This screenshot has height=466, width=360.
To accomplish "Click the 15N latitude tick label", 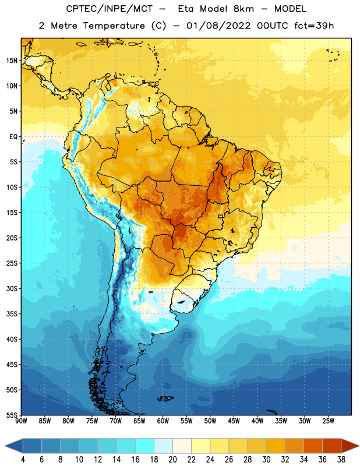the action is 12,61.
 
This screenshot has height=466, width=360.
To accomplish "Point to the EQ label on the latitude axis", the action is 13,137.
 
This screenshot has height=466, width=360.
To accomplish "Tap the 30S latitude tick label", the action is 12,288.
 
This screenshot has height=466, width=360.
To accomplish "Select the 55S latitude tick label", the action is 12,415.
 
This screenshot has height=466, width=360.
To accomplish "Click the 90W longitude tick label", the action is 21,421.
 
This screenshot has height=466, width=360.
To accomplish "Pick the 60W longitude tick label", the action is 163,421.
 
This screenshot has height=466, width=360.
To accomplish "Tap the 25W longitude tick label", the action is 328,421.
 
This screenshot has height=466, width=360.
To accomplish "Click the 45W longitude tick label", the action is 234,421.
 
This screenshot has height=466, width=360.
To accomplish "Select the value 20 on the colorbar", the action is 172,460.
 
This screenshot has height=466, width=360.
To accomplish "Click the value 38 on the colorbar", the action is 341,460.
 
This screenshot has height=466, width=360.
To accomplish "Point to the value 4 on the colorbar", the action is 23,460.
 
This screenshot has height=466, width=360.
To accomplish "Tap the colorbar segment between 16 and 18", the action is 144,446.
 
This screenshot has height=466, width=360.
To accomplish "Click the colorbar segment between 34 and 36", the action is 313,446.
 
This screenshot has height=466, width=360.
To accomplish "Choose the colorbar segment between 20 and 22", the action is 182,446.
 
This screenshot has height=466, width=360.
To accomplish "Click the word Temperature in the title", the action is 114,26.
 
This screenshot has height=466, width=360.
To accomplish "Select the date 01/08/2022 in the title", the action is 218,26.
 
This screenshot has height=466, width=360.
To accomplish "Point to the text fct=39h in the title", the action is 314,26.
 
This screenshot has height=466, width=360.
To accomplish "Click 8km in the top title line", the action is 243,9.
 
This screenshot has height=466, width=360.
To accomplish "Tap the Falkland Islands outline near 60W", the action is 165,398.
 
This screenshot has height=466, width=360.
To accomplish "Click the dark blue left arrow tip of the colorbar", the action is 5,446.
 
